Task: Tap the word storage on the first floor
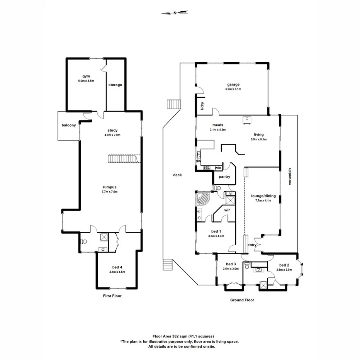[115, 85]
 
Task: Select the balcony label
[69, 126]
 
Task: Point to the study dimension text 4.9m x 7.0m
[113, 135]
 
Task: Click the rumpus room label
[110, 187]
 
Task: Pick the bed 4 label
[117, 267]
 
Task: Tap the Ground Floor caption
[242, 300]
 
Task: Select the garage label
[233, 84]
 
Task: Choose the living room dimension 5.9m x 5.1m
[259, 139]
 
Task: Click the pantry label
[224, 177]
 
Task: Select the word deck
[177, 175]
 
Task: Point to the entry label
[252, 245]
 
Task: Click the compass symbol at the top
[176, 13]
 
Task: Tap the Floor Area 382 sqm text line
[180, 336]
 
